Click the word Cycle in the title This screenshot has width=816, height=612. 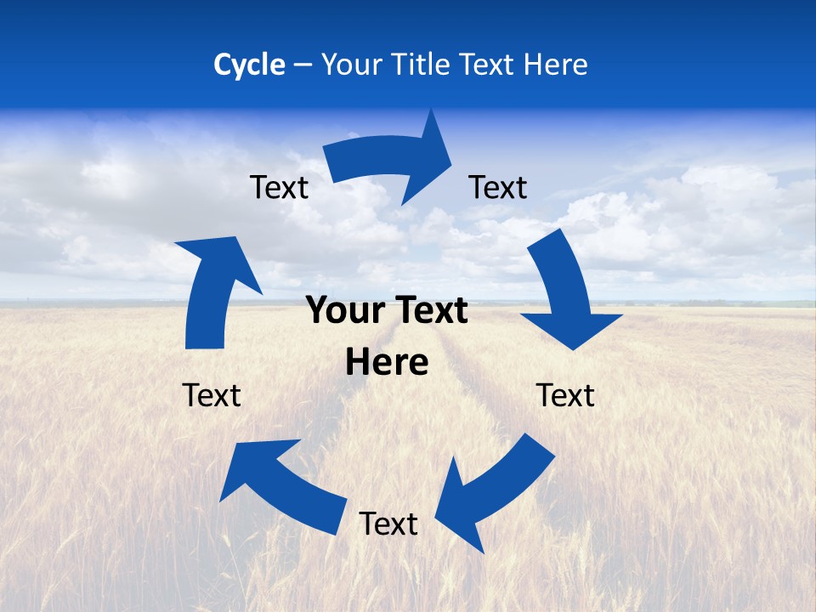(x=249, y=65)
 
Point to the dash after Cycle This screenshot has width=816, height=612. (x=303, y=65)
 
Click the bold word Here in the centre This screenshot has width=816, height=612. (x=387, y=362)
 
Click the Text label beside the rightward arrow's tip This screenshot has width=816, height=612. (x=498, y=187)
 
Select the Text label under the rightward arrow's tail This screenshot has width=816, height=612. (x=279, y=187)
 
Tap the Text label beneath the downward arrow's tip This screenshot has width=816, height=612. (x=565, y=395)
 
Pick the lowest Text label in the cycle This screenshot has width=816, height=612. (x=388, y=524)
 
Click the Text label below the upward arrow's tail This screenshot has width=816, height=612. (x=212, y=395)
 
